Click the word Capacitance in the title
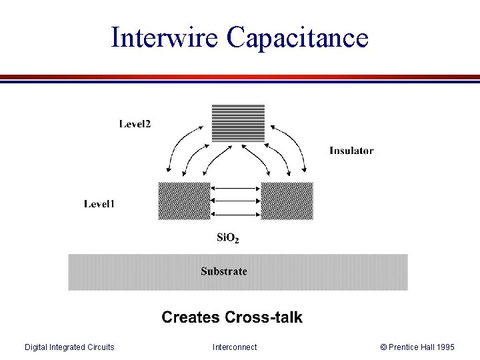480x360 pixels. click(x=297, y=37)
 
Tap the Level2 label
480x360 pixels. click(x=135, y=123)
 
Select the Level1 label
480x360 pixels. click(x=99, y=203)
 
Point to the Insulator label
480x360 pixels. click(x=351, y=151)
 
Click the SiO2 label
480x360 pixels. click(x=228, y=237)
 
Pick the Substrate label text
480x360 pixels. click(x=224, y=271)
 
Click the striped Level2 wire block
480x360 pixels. click(x=238, y=123)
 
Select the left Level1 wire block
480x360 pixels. click(x=184, y=201)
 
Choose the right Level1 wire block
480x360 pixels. click(x=287, y=201)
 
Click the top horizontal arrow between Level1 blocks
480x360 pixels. click(x=235, y=189)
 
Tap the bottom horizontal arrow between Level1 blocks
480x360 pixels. click(x=235, y=214)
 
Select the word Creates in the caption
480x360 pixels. click(x=190, y=317)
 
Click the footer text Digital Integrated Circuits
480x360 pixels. click(x=69, y=347)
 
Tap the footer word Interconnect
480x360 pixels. click(x=235, y=347)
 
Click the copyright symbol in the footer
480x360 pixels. click(x=383, y=347)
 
